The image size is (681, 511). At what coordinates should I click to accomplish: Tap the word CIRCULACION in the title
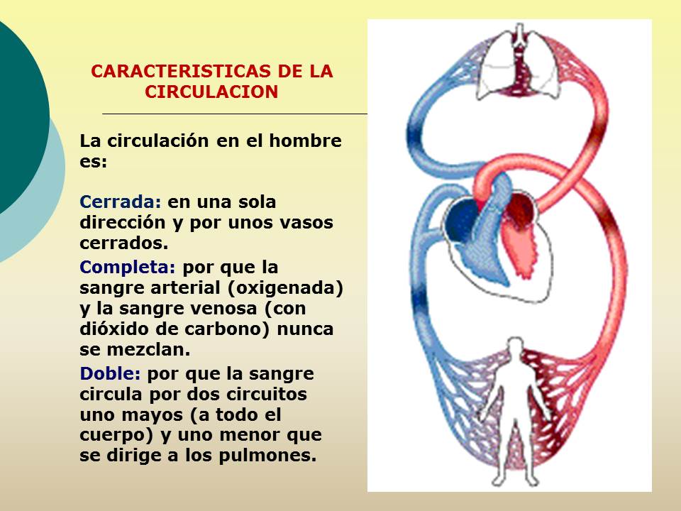[211, 92]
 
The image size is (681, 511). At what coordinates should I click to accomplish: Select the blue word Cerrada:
[121, 202]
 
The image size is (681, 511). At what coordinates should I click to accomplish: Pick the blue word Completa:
[128, 269]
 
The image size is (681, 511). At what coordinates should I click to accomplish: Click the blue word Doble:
[111, 373]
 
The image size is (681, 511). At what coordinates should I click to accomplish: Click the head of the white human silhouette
[511, 348]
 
